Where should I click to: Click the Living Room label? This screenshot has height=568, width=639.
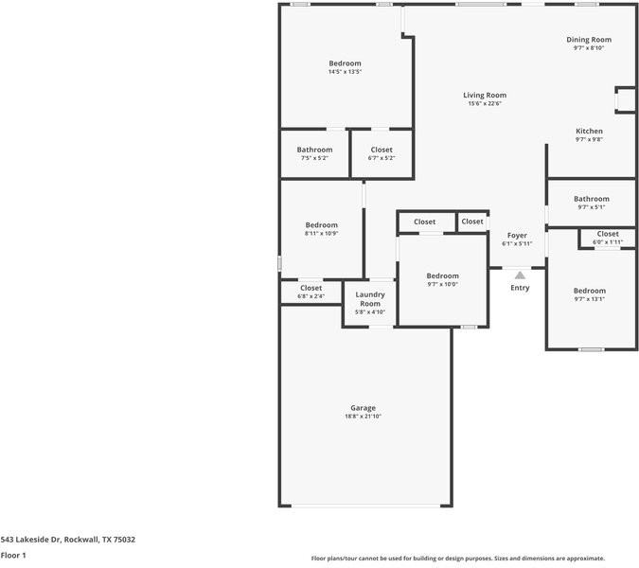(x=484, y=96)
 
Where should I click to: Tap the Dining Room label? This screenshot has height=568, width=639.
(x=589, y=40)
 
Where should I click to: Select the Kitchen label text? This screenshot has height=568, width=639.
(x=589, y=132)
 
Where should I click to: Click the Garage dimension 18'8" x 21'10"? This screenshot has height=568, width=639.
(x=364, y=416)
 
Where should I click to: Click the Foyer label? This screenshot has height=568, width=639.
(x=517, y=236)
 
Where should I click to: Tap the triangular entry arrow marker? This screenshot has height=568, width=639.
(x=520, y=275)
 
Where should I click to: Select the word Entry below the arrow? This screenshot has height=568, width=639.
(x=520, y=288)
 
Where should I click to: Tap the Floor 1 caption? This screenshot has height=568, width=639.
(x=13, y=555)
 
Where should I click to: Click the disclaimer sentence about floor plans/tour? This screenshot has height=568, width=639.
(x=458, y=559)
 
